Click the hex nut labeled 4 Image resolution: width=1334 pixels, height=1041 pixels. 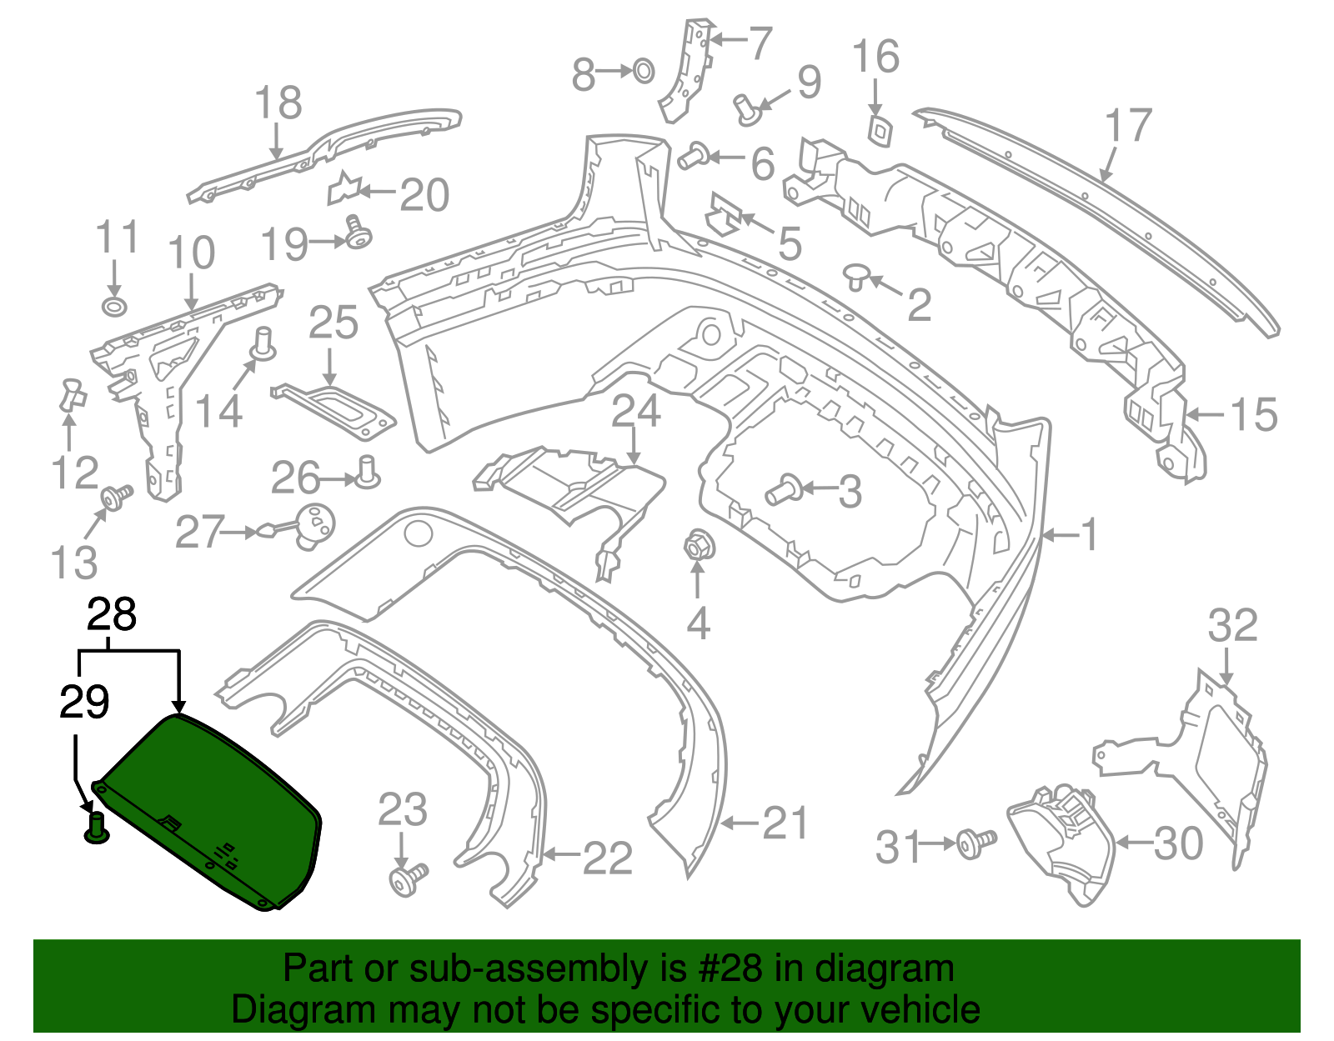[x=696, y=547]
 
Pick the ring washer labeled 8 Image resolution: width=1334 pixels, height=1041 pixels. [x=643, y=71]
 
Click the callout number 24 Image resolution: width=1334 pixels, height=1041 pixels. [x=636, y=412]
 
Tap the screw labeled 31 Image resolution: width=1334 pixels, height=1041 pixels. [x=975, y=843]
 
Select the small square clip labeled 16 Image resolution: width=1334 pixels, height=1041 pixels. [x=879, y=130]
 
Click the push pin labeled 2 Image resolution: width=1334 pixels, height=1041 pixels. [x=855, y=276]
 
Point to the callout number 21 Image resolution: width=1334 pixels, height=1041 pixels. [x=785, y=823]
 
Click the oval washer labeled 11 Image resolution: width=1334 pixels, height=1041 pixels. [x=113, y=306]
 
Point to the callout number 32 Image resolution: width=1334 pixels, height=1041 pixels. [x=1232, y=625]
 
